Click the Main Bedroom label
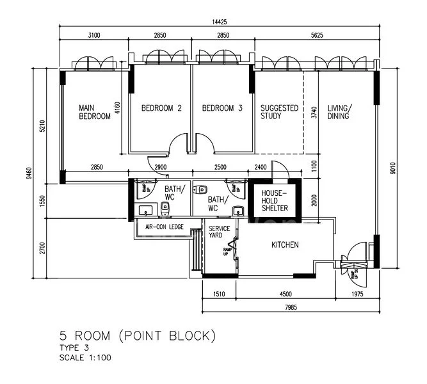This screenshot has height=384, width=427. (x=95, y=112)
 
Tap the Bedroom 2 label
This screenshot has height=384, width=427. (x=161, y=109)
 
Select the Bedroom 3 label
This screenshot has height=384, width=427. (x=222, y=109)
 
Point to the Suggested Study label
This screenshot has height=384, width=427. (x=279, y=112)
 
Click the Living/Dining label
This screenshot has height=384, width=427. (x=339, y=112)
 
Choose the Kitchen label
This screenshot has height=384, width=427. (x=285, y=244)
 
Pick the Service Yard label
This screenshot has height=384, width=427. (x=216, y=231)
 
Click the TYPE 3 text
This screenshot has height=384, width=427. (x=72, y=347)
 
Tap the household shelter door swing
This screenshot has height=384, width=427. (x=278, y=172)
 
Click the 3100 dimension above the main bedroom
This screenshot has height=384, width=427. (x=94, y=36)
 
